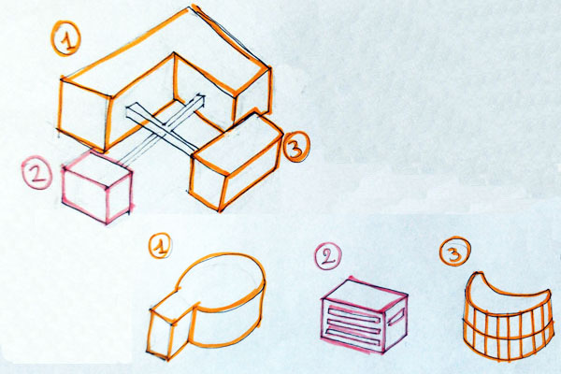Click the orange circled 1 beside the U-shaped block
(x=65, y=38)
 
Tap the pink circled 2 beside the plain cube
(x=36, y=172)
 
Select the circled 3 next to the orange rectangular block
(x=295, y=147)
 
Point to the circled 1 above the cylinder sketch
(x=160, y=246)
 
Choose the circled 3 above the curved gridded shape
(x=454, y=251)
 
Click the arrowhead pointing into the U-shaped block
(x=199, y=99)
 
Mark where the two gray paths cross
(x=165, y=130)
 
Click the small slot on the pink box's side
(x=396, y=316)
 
